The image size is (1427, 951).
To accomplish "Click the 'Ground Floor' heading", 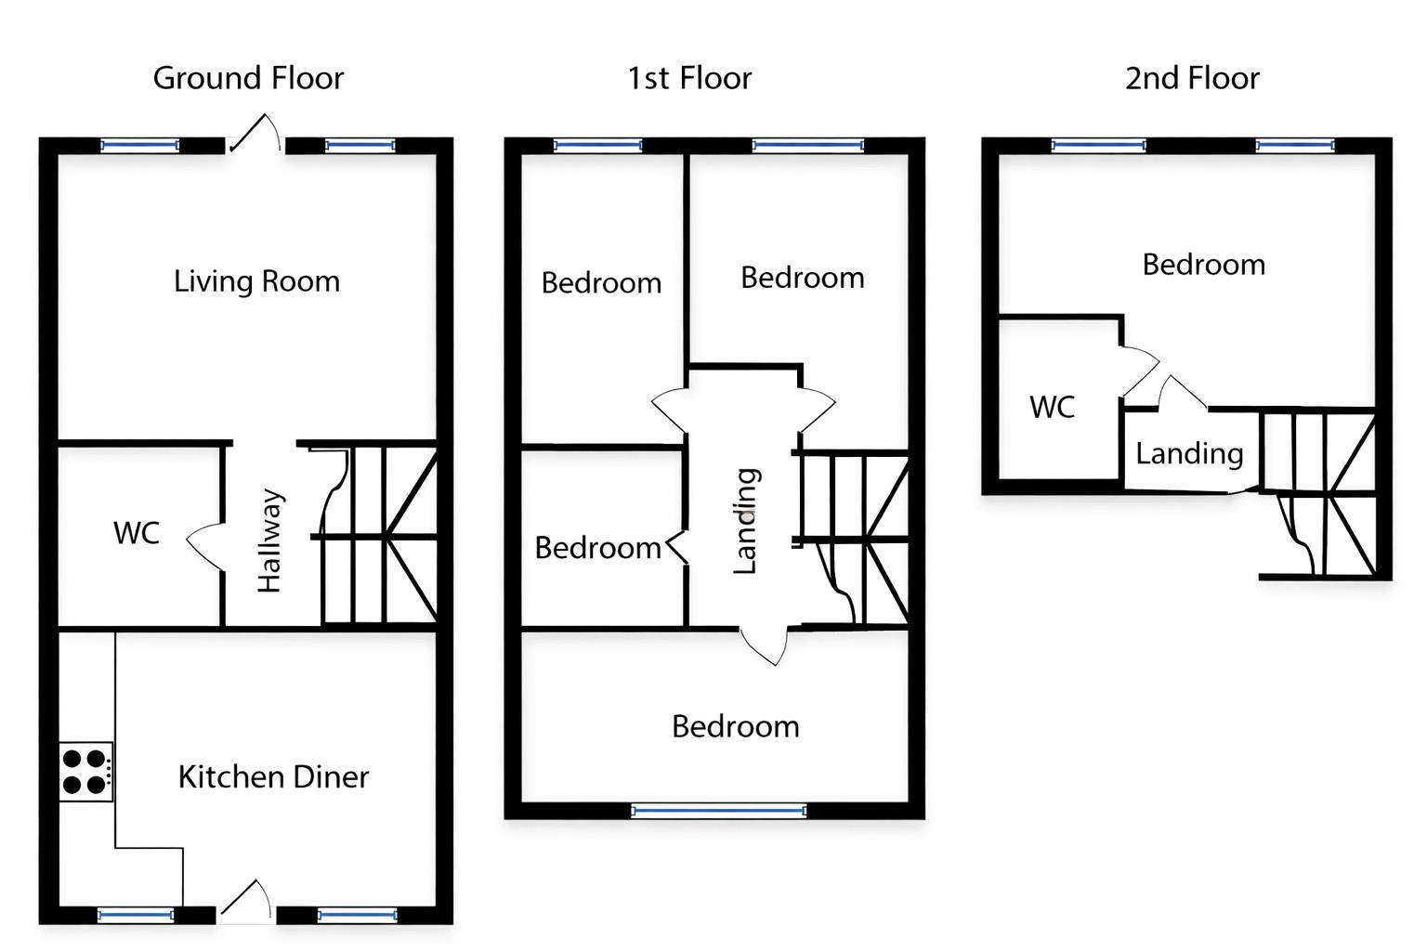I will click(248, 78).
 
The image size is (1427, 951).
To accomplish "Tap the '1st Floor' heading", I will click(689, 78).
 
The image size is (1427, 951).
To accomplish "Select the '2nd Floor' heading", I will click(1192, 78).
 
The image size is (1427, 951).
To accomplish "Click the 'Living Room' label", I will click(256, 280).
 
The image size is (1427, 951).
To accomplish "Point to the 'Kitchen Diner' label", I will click(273, 776).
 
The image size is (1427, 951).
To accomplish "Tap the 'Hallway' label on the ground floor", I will click(269, 541).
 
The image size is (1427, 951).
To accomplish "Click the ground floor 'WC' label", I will click(137, 533).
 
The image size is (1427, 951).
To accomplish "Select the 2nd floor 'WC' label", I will click(1052, 407).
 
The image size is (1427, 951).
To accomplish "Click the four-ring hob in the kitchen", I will click(85, 772).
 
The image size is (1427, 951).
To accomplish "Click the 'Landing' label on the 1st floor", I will click(746, 521).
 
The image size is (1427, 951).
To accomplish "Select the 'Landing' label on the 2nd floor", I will click(1189, 453).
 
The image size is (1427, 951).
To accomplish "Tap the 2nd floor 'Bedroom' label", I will click(1203, 265).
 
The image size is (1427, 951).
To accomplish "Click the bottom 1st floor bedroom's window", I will click(718, 811).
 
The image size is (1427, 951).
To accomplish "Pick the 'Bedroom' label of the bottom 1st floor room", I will click(735, 726).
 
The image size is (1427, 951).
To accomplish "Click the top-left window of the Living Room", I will click(139, 145).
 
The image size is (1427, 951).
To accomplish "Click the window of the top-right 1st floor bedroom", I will click(807, 145).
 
